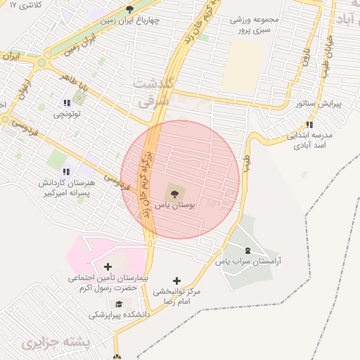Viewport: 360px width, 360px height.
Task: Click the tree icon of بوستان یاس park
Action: (x=174, y=192)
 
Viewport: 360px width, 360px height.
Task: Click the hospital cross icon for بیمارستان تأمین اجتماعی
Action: (x=107, y=266)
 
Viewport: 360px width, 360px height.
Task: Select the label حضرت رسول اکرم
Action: (x=105, y=288)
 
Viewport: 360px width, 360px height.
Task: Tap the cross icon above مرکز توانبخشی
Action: (x=176, y=281)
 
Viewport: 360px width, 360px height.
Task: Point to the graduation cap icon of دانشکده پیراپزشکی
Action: (x=119, y=303)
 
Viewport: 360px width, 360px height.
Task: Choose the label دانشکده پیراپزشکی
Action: (x=120, y=316)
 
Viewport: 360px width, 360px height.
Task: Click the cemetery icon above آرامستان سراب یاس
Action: (x=246, y=250)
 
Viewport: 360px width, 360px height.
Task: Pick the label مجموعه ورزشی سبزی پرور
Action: (x=259, y=26)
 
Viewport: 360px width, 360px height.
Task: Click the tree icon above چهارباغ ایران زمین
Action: (x=129, y=9)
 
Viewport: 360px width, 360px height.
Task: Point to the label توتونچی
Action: (x=68, y=113)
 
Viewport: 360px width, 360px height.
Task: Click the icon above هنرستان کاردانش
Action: (x=66, y=171)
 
